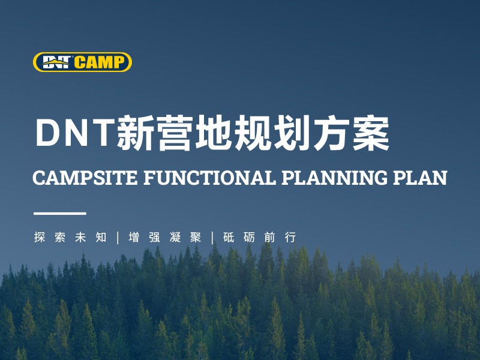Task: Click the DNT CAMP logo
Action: click(82, 62)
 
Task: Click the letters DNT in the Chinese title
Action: click(74, 133)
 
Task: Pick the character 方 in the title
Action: click(332, 133)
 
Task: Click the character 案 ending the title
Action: click(371, 133)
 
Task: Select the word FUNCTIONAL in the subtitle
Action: click(206, 178)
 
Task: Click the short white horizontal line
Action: click(59, 213)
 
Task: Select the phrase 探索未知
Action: click(70, 237)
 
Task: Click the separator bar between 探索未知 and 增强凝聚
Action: click(118, 237)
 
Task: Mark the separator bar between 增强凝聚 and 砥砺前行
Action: click(212, 237)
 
